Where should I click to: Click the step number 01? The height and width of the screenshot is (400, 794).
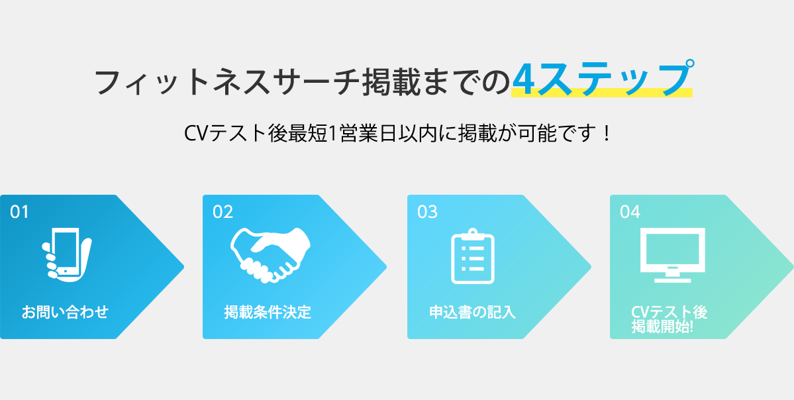click(x=19, y=212)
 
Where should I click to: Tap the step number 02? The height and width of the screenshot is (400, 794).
click(x=223, y=212)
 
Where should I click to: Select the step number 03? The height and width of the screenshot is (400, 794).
click(x=427, y=212)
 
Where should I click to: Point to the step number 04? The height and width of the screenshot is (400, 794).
click(x=630, y=212)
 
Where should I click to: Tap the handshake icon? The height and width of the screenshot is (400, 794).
click(x=270, y=254)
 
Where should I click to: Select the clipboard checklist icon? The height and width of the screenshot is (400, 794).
click(x=472, y=256)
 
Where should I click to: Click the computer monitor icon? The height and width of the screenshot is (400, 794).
click(x=672, y=255)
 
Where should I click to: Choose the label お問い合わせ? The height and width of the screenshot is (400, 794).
click(x=65, y=312)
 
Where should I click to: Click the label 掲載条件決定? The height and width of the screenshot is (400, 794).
click(x=268, y=312)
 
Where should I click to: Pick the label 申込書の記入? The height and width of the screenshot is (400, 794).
click(x=472, y=312)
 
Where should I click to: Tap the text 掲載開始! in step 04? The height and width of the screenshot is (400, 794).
click(x=663, y=327)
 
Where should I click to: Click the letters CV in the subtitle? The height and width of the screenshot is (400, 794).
click(x=195, y=134)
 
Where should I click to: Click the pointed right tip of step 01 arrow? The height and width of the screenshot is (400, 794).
click(x=183, y=266)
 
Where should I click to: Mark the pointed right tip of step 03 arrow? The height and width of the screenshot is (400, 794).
click(x=591, y=266)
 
